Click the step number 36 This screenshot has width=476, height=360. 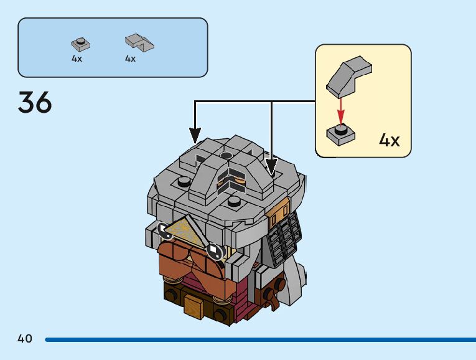(x=35, y=102)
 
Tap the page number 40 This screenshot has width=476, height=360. (x=25, y=338)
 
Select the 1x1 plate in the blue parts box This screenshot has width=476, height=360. (x=80, y=44)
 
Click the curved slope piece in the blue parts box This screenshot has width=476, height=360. (x=139, y=42)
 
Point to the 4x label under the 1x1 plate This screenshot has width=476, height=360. (x=77, y=59)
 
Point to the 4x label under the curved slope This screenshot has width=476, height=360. (x=130, y=59)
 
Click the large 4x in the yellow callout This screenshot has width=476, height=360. (x=389, y=140)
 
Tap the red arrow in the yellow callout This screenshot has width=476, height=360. (x=341, y=111)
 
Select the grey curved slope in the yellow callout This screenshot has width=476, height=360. (x=349, y=77)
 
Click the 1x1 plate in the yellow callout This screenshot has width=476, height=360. (x=340, y=135)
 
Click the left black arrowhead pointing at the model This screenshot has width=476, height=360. (x=195, y=135)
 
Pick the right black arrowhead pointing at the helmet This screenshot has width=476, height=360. (x=271, y=166)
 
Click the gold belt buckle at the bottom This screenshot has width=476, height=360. (x=193, y=306)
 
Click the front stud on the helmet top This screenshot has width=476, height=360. (x=234, y=201)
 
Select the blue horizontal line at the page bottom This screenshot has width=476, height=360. (x=261, y=339)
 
